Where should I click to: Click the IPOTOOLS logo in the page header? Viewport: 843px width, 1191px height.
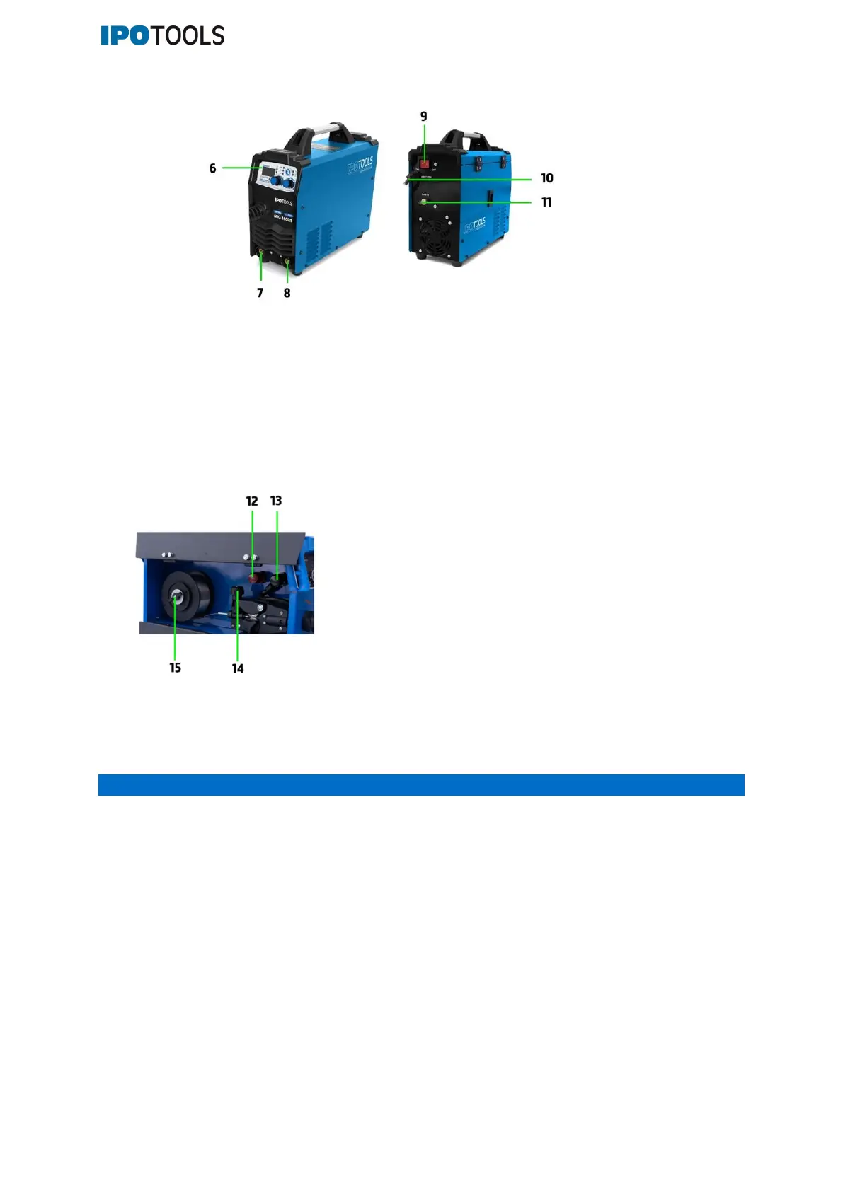(162, 35)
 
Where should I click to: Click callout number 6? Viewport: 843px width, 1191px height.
(212, 168)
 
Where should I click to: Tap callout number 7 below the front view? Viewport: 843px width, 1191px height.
(260, 293)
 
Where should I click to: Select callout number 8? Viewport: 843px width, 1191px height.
(287, 293)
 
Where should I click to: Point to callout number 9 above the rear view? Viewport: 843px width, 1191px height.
(424, 117)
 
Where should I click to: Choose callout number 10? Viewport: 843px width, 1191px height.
(547, 178)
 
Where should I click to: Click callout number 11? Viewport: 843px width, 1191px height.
(546, 202)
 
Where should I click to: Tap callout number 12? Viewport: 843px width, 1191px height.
(252, 501)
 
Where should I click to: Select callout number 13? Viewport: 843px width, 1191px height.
(276, 501)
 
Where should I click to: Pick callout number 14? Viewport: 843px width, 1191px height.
(238, 668)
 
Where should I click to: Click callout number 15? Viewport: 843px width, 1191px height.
(175, 668)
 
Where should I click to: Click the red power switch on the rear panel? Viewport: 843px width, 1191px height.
(425, 165)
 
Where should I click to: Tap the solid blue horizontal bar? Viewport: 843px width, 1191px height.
(421, 785)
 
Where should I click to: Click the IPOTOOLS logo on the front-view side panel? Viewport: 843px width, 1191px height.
(360, 166)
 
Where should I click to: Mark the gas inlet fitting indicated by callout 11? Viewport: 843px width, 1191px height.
(424, 203)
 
